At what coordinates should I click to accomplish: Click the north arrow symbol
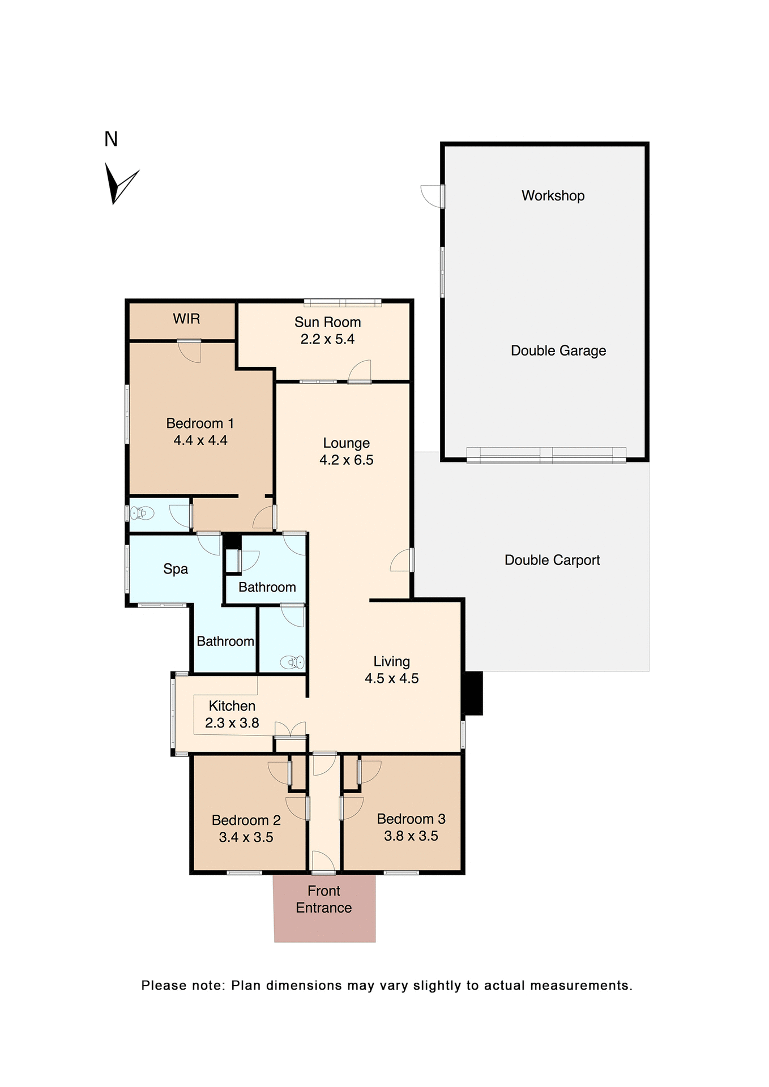click(118, 183)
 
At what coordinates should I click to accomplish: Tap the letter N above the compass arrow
click(111, 139)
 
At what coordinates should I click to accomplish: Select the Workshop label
click(553, 196)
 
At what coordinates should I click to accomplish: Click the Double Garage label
click(558, 351)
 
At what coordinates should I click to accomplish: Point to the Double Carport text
click(552, 560)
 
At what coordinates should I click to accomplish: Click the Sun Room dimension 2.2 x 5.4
click(327, 340)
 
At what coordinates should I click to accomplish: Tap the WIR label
click(186, 319)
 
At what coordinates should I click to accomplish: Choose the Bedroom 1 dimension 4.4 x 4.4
click(200, 440)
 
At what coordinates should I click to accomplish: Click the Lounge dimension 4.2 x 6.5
click(346, 460)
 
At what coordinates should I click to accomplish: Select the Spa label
click(176, 570)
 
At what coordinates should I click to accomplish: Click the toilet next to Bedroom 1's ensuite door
click(142, 513)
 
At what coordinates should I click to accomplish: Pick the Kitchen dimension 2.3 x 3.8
click(232, 723)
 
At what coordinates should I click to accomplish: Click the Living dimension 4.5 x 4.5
click(391, 679)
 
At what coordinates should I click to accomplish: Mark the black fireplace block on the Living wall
click(473, 693)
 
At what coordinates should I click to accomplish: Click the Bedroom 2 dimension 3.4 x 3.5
click(246, 837)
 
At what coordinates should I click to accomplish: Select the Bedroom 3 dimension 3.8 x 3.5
click(411, 836)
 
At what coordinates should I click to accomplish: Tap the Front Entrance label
click(324, 899)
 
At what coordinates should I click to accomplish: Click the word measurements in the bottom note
click(581, 986)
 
